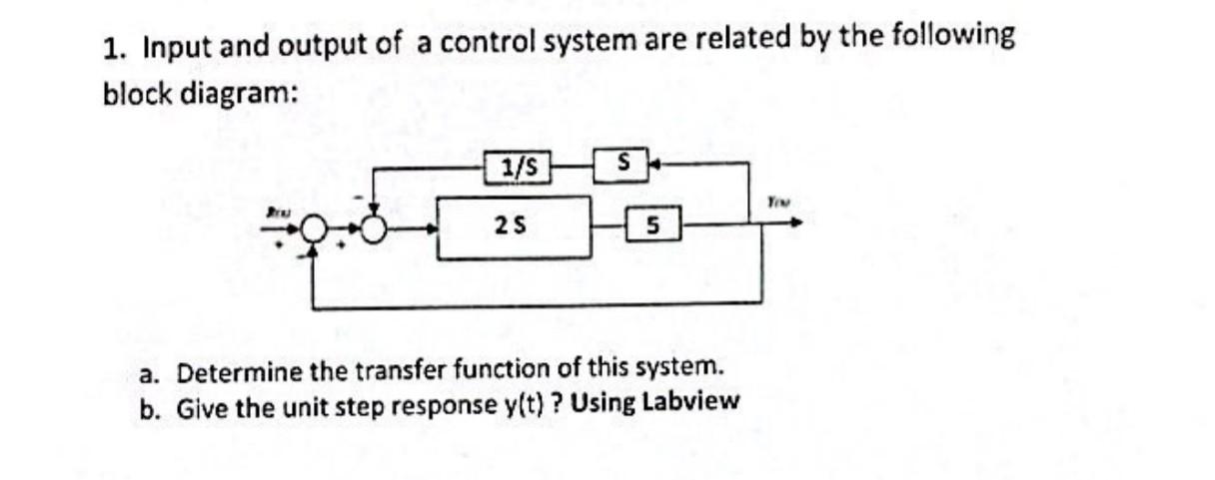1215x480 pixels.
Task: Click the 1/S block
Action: (x=518, y=167)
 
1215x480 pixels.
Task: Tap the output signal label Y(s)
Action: (x=779, y=201)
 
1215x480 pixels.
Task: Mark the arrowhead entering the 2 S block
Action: (x=436, y=229)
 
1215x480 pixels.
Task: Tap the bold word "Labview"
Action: (x=689, y=403)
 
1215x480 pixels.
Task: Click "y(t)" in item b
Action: (x=520, y=405)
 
